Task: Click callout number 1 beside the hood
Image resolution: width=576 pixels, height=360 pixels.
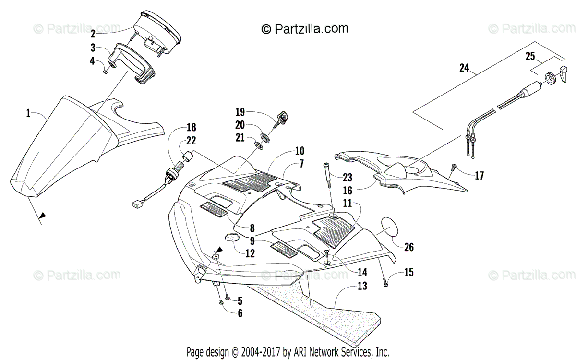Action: [28, 113]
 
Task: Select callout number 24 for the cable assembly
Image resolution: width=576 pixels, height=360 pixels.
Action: [464, 68]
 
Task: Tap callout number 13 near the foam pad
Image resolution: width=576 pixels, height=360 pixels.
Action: [362, 287]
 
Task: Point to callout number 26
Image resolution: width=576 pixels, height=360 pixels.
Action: [408, 248]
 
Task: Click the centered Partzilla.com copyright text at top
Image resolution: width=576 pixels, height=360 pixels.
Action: [305, 29]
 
